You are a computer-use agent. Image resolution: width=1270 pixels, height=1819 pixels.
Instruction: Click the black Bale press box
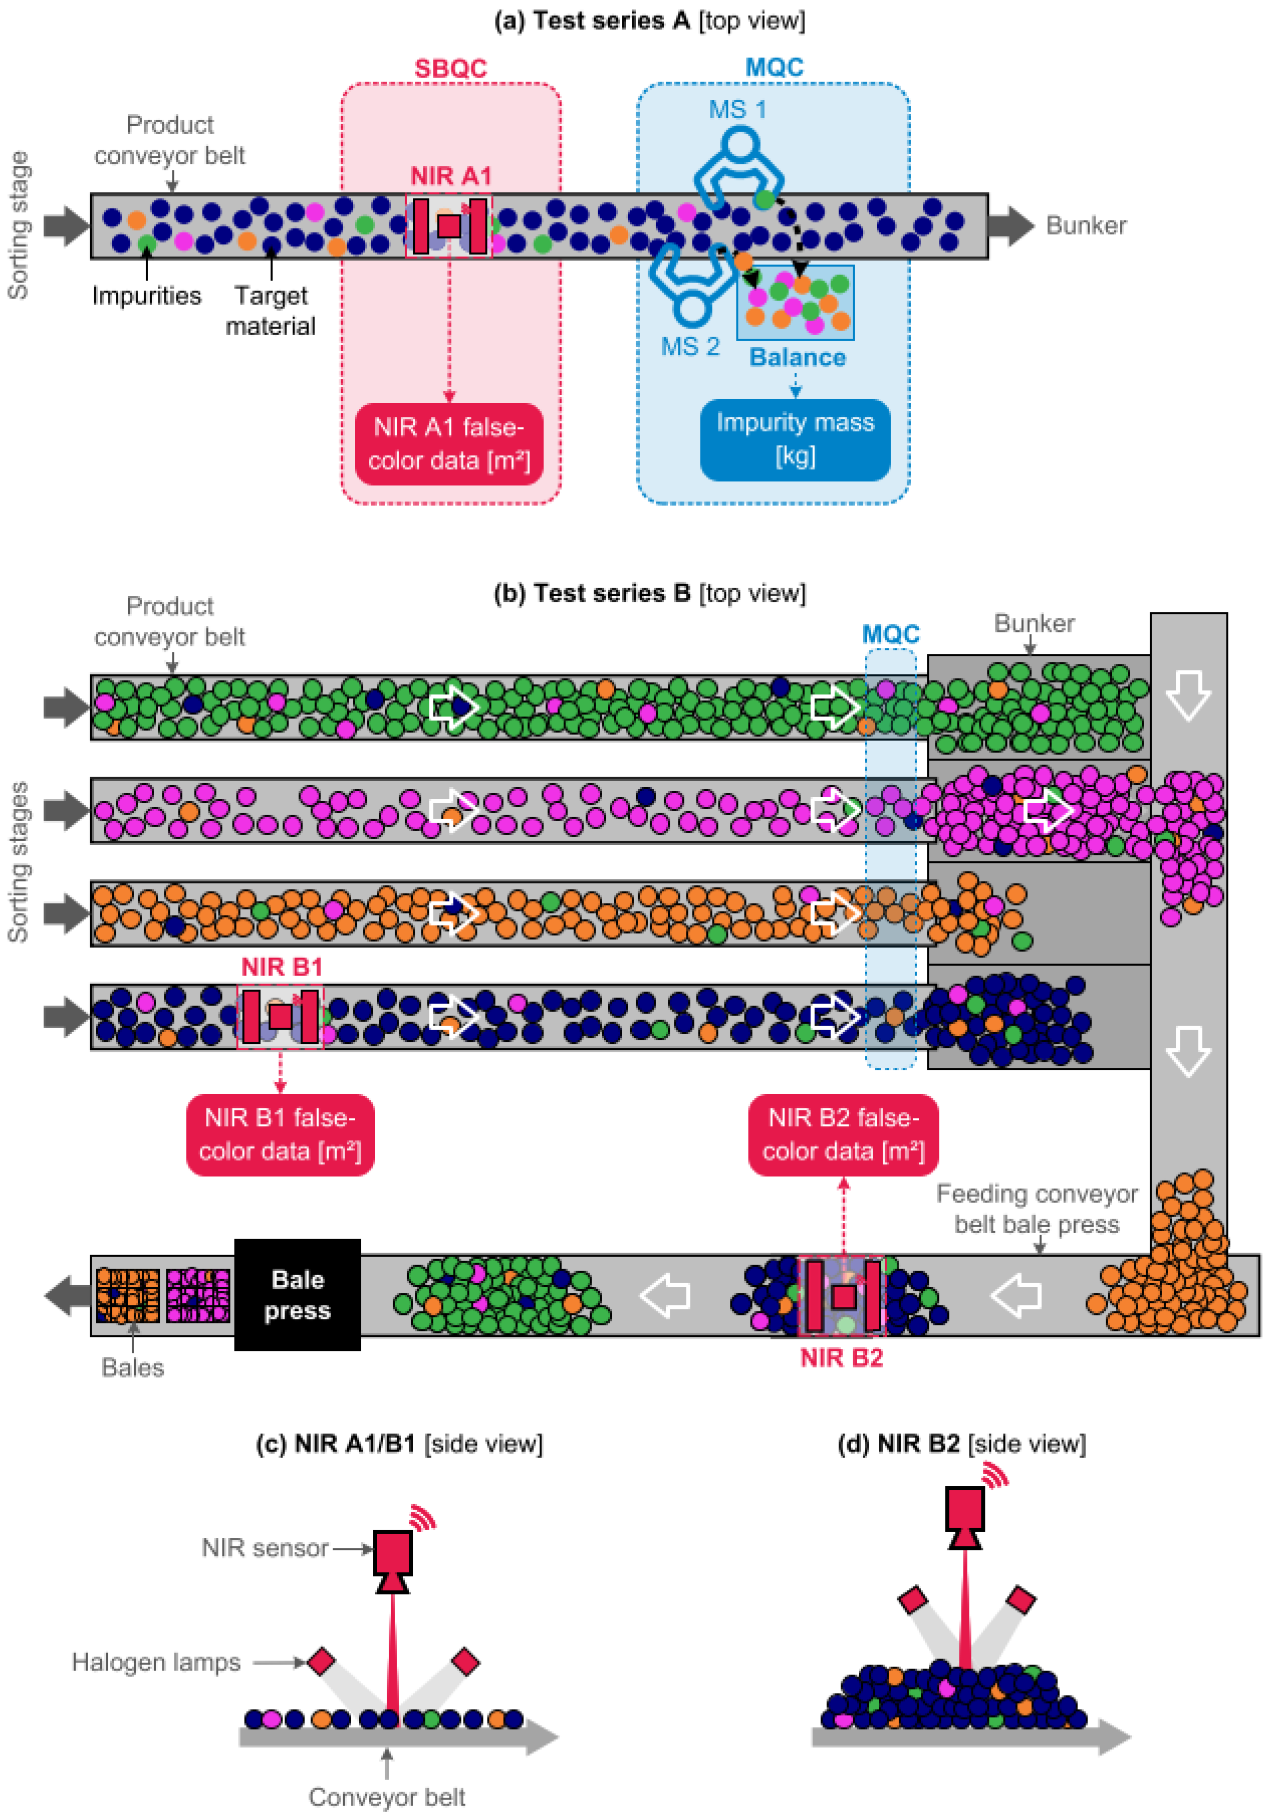tap(297, 1294)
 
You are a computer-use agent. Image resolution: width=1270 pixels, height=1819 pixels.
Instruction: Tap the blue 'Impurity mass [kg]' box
tap(795, 440)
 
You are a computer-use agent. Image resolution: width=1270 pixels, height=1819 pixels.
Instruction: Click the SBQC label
tap(450, 68)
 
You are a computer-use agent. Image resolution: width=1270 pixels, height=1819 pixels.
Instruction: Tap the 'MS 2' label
tap(690, 346)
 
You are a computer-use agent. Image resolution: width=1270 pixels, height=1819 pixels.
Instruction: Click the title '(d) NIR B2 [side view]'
tap(961, 1444)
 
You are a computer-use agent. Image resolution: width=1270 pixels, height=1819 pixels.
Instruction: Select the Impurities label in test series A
tap(147, 295)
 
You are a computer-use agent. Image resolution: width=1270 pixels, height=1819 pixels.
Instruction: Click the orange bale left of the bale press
tap(127, 1295)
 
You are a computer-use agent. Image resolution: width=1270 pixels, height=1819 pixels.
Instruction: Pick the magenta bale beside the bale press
tap(198, 1295)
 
